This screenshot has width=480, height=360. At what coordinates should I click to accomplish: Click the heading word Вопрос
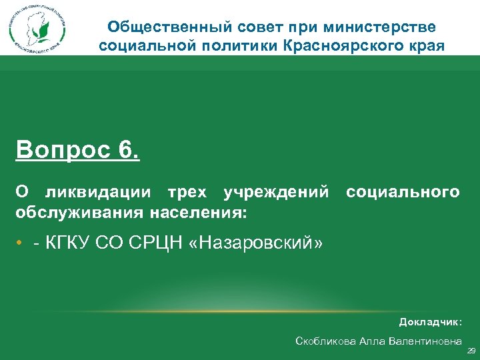(61, 150)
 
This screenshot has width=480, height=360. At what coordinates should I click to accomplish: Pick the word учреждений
(276, 193)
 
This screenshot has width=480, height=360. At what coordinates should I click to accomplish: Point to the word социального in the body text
(402, 193)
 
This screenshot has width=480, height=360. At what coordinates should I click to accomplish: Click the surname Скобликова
(325, 341)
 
